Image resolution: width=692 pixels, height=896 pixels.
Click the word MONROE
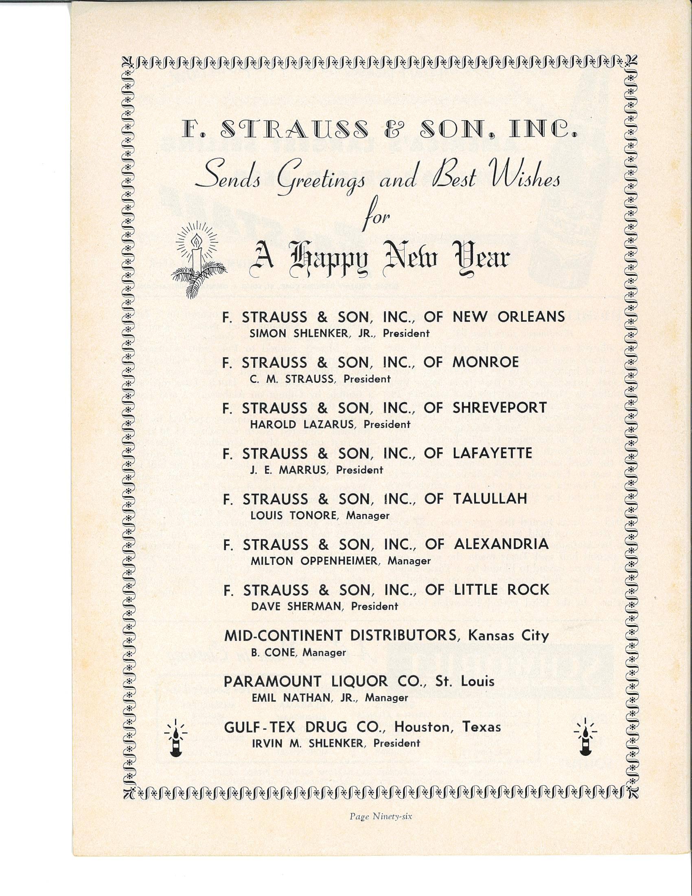[486, 362]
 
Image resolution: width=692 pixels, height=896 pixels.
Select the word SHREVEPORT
[500, 407]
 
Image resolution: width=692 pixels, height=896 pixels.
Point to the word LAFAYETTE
[493, 453]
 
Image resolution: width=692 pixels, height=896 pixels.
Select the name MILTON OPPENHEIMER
[313, 561]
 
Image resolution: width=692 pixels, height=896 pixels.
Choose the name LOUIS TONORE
[293, 516]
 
